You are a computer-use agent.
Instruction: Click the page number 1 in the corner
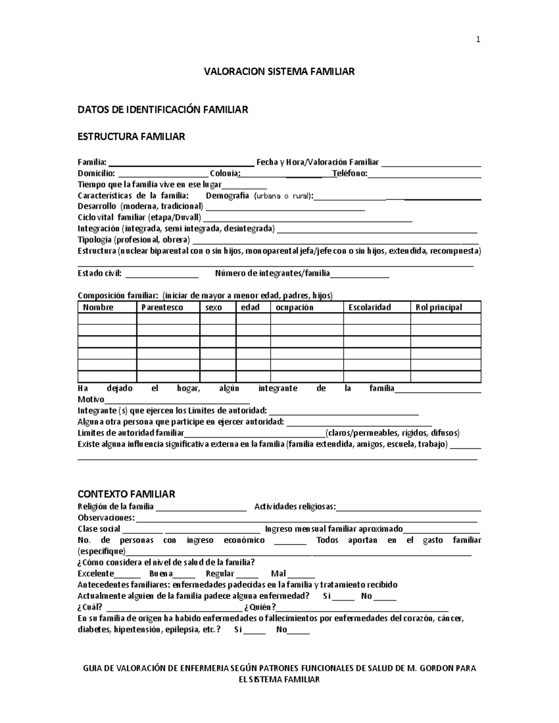478,40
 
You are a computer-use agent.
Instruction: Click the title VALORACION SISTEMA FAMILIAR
279,71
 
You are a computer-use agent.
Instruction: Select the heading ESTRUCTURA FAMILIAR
131,136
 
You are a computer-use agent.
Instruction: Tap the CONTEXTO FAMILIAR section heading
126,494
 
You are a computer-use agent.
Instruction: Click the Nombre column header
98,307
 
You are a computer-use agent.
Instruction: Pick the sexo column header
214,307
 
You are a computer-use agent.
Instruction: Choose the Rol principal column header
439,307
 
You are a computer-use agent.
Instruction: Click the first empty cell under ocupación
307,319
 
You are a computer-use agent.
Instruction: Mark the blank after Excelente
127,574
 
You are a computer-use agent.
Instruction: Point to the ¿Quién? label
263,608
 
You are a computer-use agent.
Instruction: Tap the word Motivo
91,399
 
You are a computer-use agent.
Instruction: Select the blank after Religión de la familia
201,507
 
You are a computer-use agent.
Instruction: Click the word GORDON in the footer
436,668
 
